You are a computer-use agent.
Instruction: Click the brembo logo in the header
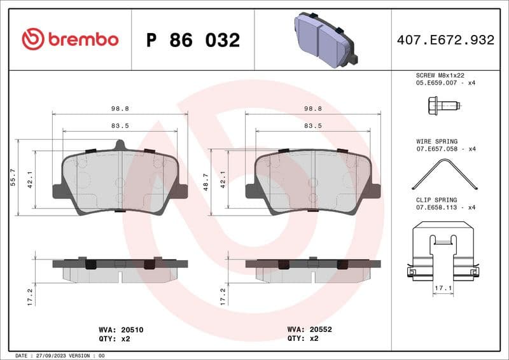tap(70, 39)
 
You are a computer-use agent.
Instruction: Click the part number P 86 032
tap(193, 40)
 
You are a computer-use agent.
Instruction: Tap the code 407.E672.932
tap(445, 40)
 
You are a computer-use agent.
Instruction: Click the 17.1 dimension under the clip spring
tap(443, 288)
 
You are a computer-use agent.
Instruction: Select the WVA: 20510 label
tap(116, 330)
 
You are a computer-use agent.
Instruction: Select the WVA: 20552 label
tap(309, 330)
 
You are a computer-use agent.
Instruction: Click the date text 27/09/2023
tap(54, 356)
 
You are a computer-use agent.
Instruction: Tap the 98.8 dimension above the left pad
tap(120, 109)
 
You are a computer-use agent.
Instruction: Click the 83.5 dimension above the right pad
tap(313, 125)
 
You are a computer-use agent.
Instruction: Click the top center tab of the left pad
tap(120, 146)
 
